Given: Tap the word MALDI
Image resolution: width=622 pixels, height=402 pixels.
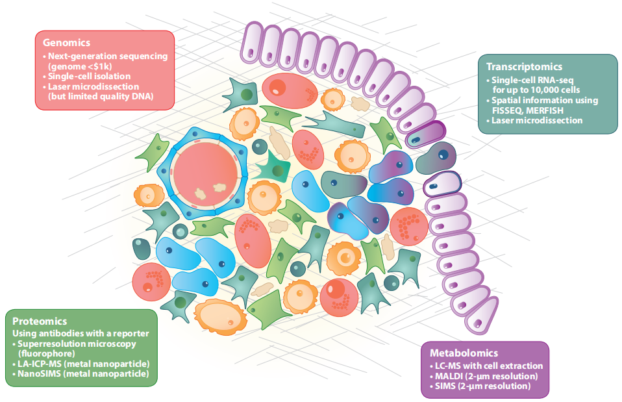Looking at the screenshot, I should [x=451, y=376].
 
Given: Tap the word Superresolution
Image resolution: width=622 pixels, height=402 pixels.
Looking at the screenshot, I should [x=51, y=343].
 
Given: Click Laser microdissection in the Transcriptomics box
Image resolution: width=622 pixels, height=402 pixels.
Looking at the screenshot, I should [x=537, y=120].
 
